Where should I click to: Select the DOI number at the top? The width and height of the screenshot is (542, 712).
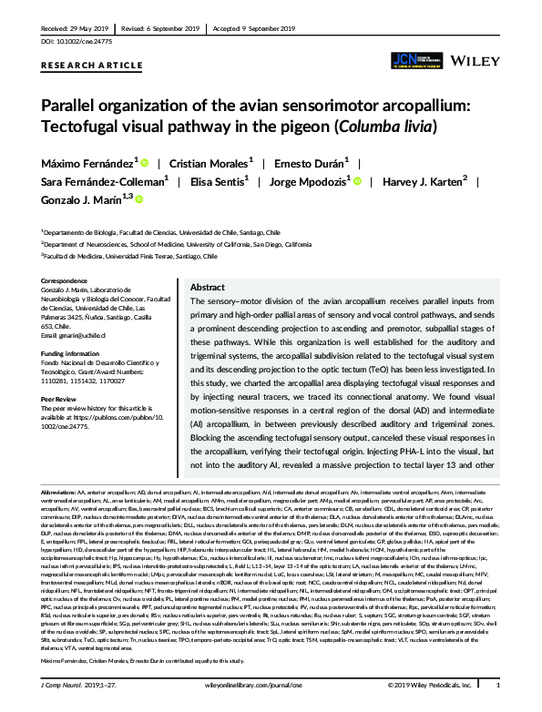[x=74, y=40]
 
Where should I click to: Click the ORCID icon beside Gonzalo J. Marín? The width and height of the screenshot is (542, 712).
[x=139, y=198]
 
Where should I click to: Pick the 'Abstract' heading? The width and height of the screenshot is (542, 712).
[x=207, y=286]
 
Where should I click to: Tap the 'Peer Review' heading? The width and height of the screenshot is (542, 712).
[x=61, y=398]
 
